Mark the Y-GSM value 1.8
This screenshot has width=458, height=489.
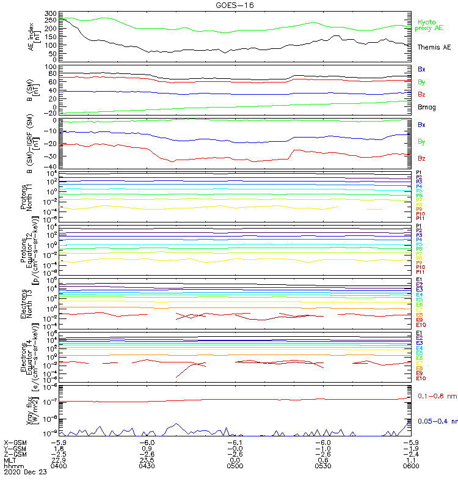coord(59,448)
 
